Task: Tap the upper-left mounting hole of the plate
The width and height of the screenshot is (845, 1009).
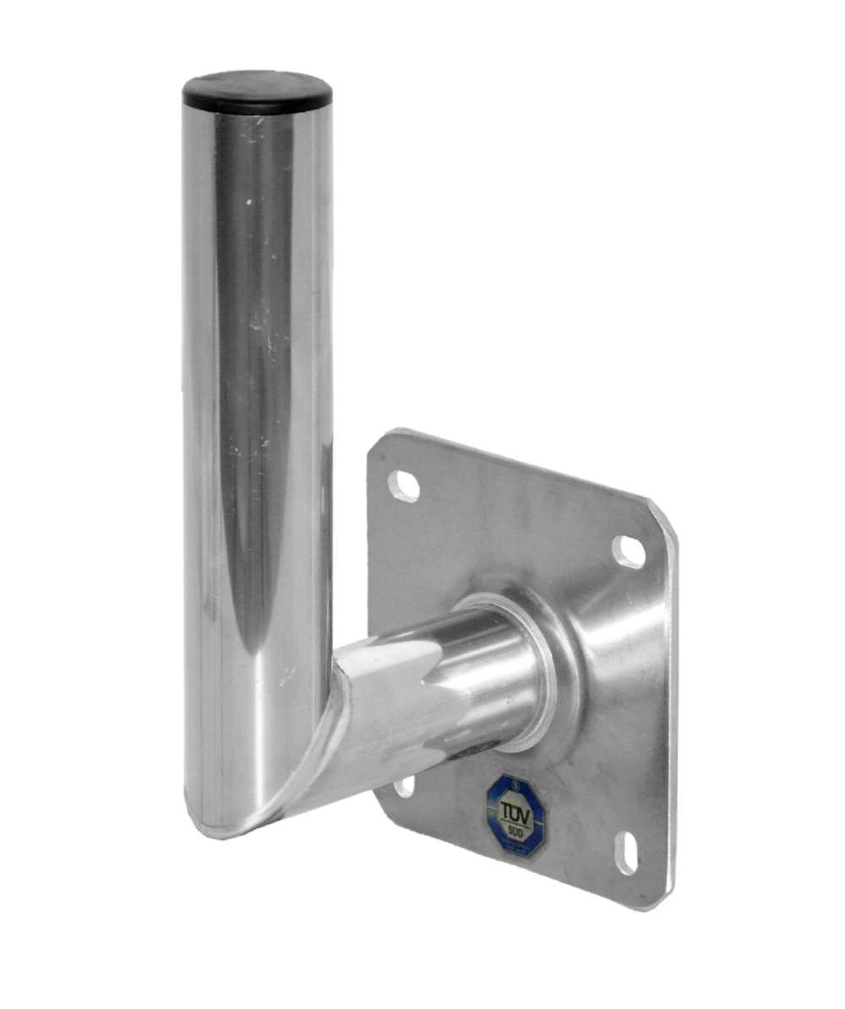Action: tap(404, 485)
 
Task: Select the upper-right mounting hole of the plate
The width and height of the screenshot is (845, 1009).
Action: tap(629, 551)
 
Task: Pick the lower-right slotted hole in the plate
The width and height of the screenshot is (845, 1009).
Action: tap(627, 853)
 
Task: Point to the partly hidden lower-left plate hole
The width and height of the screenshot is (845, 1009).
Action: tap(406, 786)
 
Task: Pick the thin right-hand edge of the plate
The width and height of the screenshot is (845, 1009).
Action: tap(673, 710)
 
